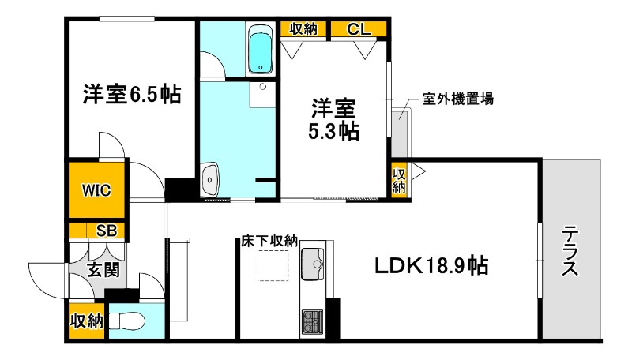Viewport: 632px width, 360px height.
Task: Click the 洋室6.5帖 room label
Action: click(132, 95)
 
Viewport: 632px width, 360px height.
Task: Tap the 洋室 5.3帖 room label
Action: click(333, 118)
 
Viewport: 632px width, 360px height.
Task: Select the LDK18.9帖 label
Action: click(431, 265)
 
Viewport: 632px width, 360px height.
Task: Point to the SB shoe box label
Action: click(105, 231)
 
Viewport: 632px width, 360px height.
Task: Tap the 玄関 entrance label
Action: click(103, 270)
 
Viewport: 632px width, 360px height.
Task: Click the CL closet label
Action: click(358, 29)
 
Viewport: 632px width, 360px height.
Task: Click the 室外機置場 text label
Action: click(458, 99)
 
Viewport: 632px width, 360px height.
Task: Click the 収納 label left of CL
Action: click(303, 29)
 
